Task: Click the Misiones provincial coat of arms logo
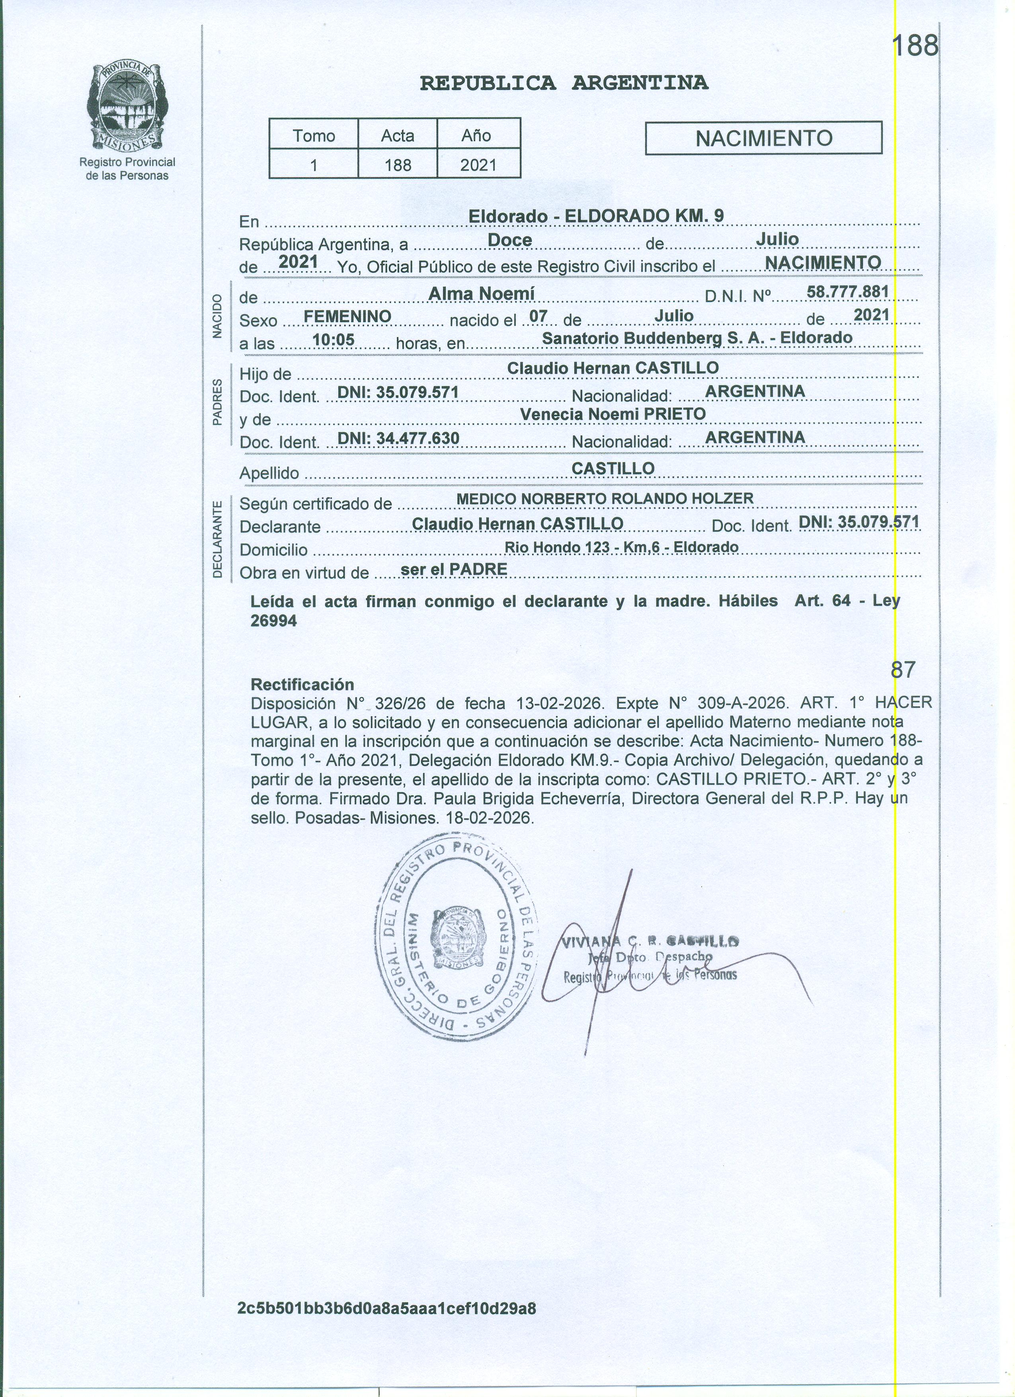127,106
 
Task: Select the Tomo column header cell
314,135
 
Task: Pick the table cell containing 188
397,165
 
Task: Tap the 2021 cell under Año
478,165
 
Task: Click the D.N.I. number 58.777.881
847,291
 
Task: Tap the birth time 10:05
333,339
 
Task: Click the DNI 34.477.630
398,438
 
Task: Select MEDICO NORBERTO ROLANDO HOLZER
604,498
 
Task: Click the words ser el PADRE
453,569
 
